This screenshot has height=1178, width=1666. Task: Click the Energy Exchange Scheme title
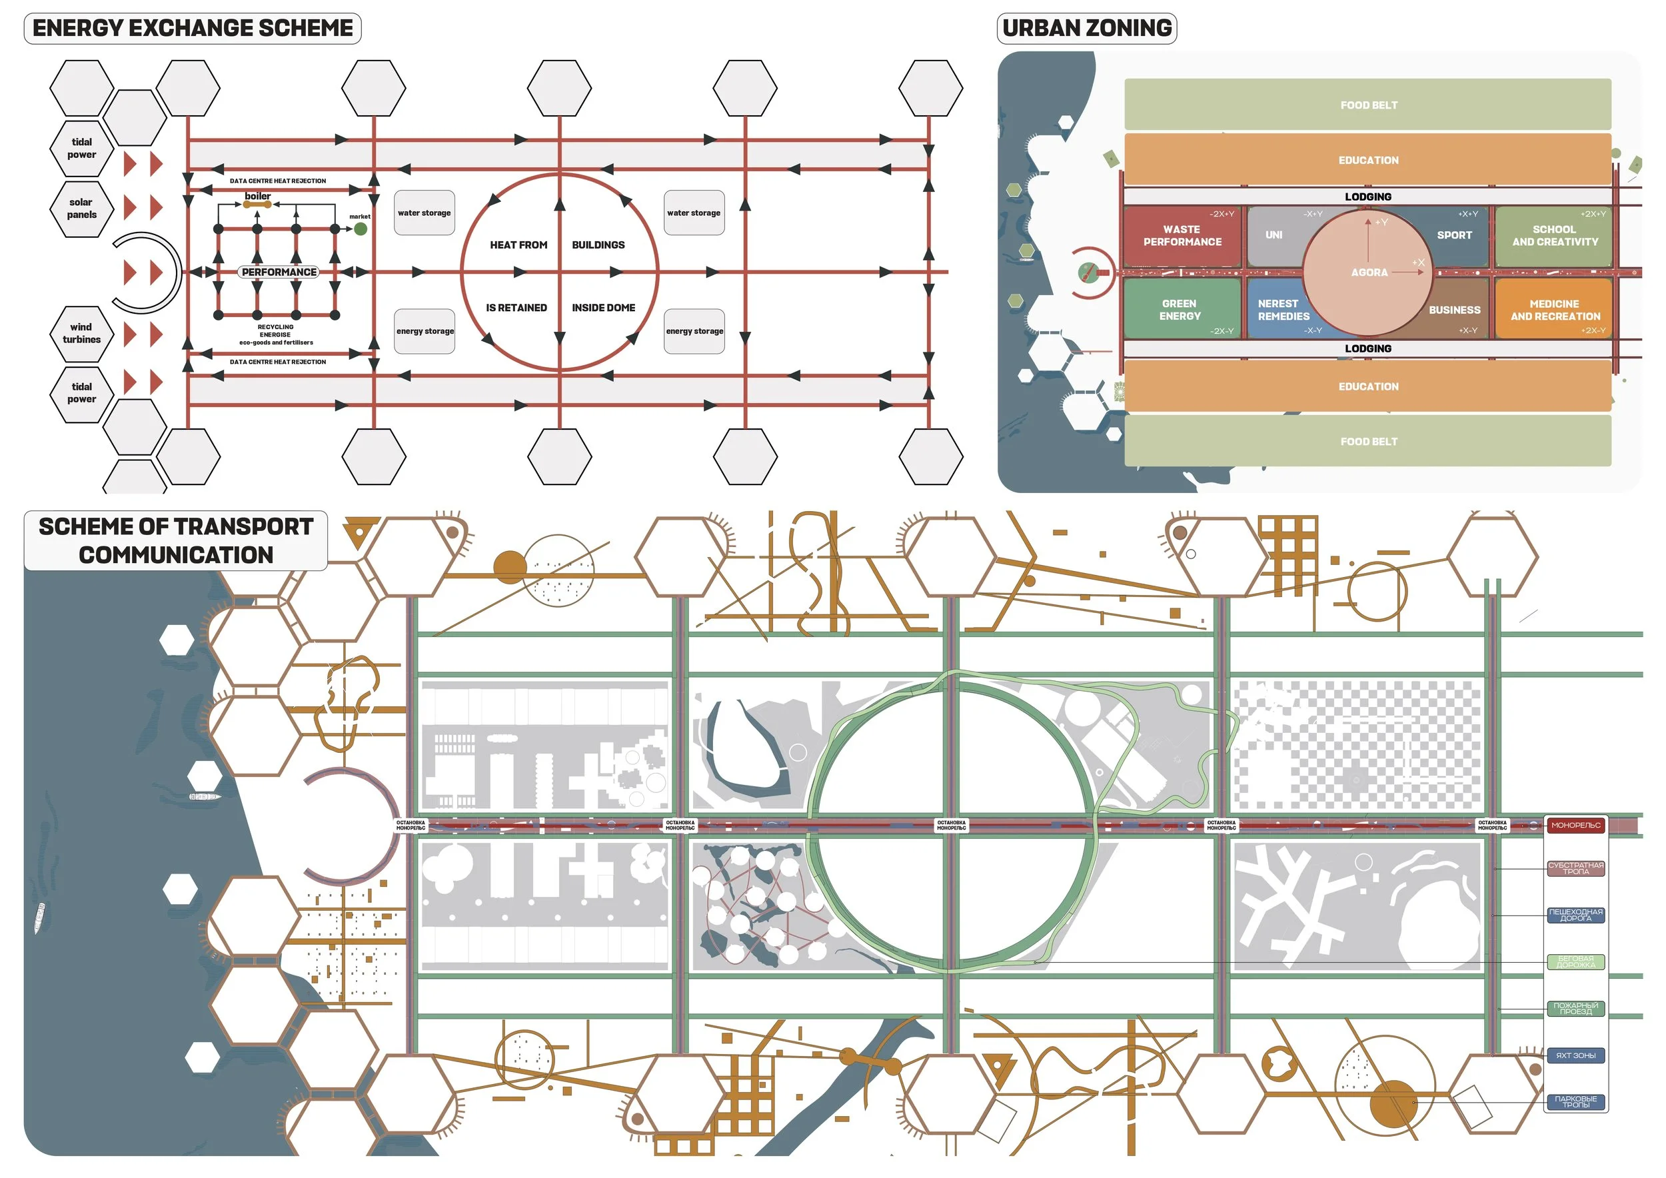click(x=193, y=28)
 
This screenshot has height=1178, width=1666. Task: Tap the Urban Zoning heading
click(x=1086, y=28)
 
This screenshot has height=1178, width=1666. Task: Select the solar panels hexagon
click(x=81, y=208)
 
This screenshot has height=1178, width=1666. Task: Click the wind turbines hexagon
click(x=81, y=333)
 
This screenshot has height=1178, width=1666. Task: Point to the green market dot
click(x=360, y=229)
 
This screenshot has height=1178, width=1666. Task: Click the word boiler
click(x=258, y=196)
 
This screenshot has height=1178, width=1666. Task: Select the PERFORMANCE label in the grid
click(x=279, y=272)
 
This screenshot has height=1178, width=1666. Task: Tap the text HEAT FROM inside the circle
click(x=518, y=245)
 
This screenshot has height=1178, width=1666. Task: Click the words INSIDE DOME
click(x=603, y=308)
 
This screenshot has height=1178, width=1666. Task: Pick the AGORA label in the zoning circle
click(x=1369, y=273)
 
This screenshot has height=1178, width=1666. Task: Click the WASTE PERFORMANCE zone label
click(x=1182, y=236)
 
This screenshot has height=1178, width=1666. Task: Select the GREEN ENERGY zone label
click(x=1179, y=310)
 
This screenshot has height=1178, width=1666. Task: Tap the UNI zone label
click(x=1273, y=235)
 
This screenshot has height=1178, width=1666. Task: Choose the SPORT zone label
click(x=1454, y=235)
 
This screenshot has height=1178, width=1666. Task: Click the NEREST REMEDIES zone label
click(x=1283, y=310)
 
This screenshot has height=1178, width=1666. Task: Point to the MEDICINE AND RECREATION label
click(x=1555, y=310)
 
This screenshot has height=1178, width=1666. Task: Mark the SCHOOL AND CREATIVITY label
click(x=1554, y=236)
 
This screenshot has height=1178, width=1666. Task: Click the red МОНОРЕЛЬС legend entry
click(x=1575, y=826)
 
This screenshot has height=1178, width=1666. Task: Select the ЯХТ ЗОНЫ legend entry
click(x=1575, y=1055)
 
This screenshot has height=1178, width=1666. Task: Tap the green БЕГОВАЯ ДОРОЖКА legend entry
click(x=1575, y=962)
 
